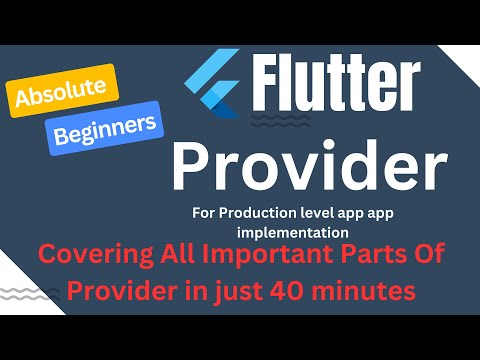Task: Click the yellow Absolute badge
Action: click(63, 91)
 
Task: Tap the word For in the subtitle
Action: click(204, 212)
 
